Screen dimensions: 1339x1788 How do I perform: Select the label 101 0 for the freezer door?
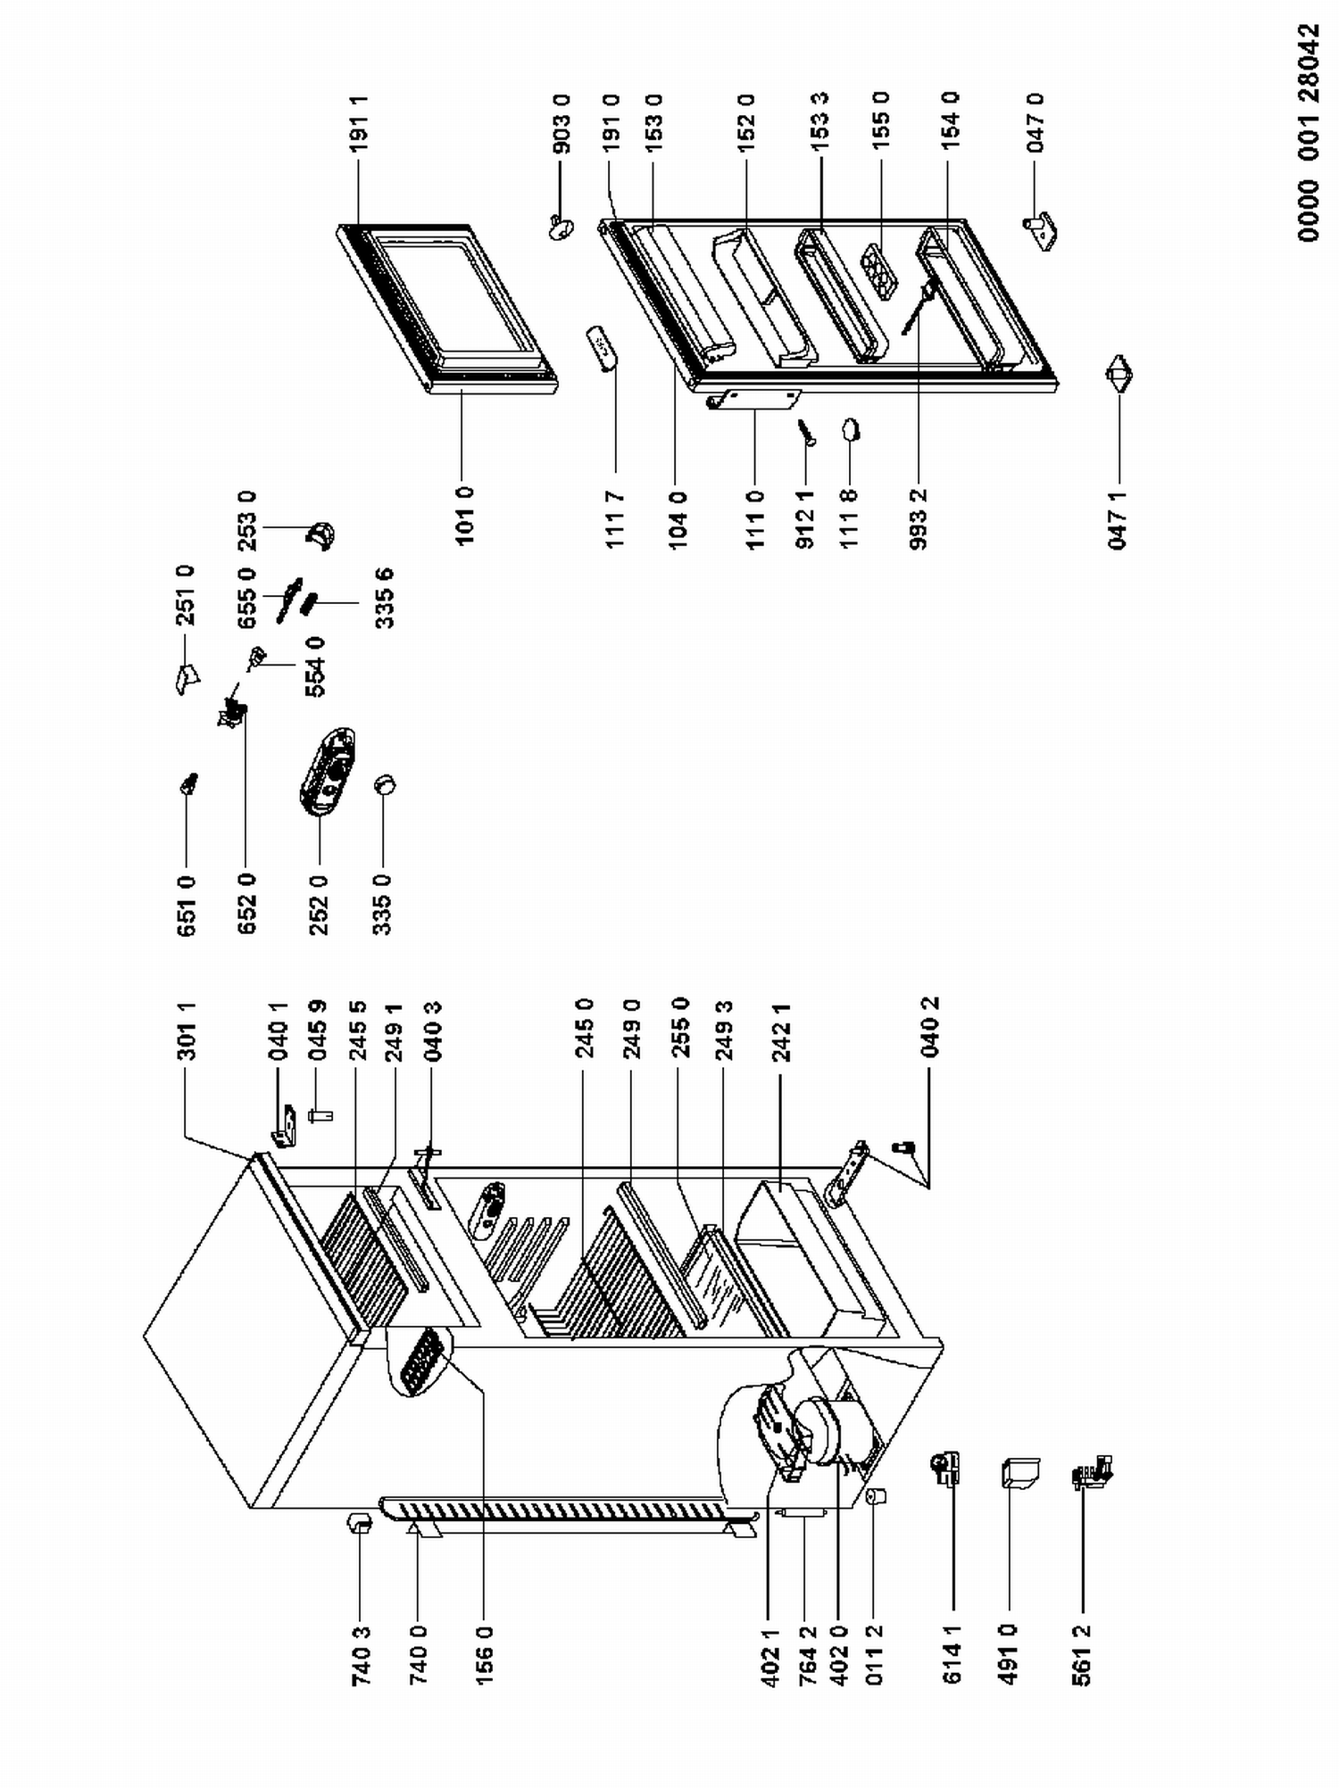pyautogui.click(x=464, y=515)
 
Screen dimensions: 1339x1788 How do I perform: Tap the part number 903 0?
pyautogui.click(x=562, y=124)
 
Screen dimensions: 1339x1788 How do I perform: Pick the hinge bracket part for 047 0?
pyautogui.click(x=1041, y=230)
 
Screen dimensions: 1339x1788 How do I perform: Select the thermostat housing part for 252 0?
pyautogui.click(x=327, y=771)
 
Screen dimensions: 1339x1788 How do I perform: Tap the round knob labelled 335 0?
pyautogui.click(x=385, y=785)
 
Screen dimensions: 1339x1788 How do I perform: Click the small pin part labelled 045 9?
pyautogui.click(x=320, y=1114)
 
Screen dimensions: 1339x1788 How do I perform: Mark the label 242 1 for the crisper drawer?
pyautogui.click(x=783, y=1031)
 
